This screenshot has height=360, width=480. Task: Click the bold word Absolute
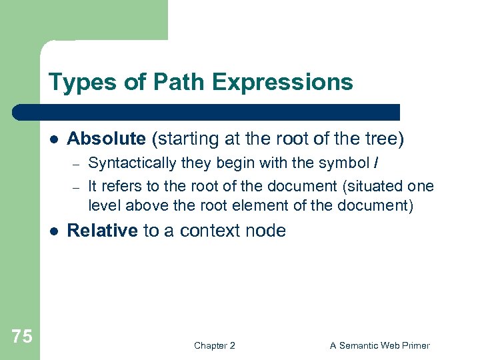pyautogui.click(x=107, y=139)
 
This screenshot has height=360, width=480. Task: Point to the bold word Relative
pyautogui.click(x=103, y=231)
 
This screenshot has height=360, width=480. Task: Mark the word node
pyautogui.click(x=267, y=231)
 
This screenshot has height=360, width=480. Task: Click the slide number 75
pyautogui.click(x=21, y=336)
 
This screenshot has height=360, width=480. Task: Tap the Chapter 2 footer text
pyautogui.click(x=214, y=345)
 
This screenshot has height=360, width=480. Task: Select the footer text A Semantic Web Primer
pyautogui.click(x=379, y=345)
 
